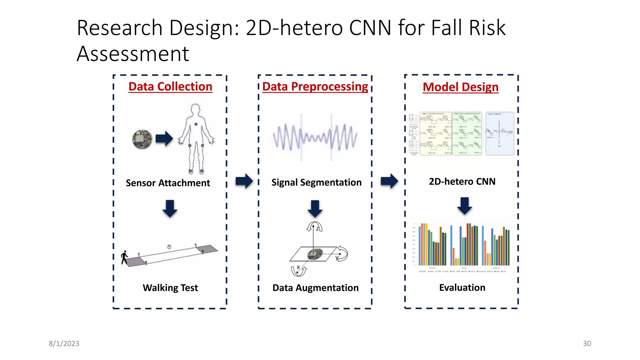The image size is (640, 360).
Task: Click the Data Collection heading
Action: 170,87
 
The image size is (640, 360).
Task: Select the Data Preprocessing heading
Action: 315,87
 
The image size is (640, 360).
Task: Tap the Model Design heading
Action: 460,87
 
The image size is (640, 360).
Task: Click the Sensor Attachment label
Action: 168,183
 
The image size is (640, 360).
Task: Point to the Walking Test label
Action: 170,287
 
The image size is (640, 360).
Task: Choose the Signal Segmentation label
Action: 316,182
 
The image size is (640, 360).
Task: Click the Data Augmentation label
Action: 315,287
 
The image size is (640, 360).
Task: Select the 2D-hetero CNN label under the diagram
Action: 462,181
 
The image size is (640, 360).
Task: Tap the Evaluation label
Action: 462,287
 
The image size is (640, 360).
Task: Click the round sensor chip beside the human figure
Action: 142,139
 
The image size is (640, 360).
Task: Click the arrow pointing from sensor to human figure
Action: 164,138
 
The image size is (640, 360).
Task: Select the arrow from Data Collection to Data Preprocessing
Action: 244,181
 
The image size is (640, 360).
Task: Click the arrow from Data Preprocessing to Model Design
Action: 389,181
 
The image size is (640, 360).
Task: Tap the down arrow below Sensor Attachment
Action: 170,208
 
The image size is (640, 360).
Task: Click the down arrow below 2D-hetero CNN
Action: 465,206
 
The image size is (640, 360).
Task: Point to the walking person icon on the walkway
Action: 125,257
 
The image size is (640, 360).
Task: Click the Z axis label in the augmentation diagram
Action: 317,229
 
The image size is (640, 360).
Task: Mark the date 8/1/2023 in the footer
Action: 64,343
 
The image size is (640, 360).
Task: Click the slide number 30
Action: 587,343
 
